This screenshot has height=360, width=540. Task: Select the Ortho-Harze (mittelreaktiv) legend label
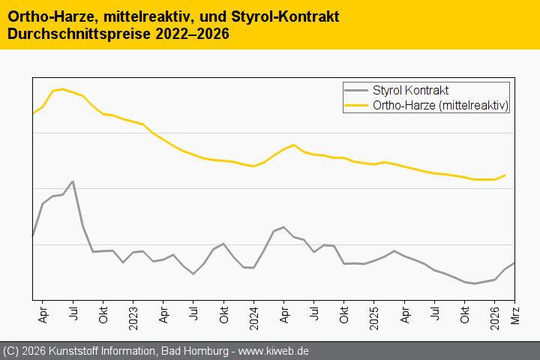(441, 106)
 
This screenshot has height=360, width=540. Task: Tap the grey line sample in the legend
(356, 90)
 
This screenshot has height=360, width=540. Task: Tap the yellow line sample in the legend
(356, 106)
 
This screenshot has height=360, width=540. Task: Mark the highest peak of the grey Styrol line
(73, 181)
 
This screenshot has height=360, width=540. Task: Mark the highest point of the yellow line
(61, 89)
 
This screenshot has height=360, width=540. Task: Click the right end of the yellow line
(505, 175)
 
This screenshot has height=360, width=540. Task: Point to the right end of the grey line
(514, 262)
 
